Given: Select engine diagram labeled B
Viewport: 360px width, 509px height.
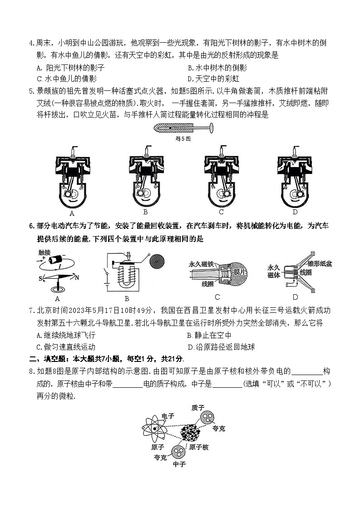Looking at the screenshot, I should [x=145, y=177].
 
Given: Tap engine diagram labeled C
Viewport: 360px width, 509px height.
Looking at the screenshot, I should [x=221, y=177].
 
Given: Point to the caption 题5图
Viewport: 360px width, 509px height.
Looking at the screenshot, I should [x=182, y=138].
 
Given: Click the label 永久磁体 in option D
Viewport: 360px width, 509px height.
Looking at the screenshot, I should [x=275, y=271].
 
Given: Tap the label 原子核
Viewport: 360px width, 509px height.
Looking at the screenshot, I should [x=198, y=447].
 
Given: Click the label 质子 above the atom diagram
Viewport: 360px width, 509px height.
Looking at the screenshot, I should [x=198, y=407].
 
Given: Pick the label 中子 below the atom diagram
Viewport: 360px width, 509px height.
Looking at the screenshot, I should [x=179, y=464].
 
